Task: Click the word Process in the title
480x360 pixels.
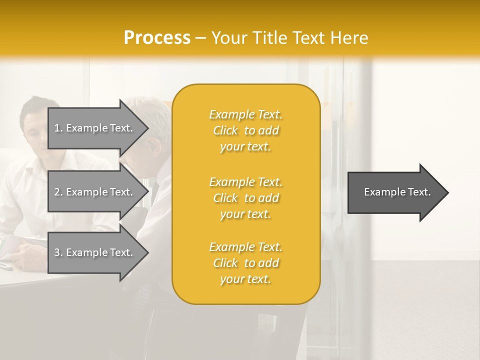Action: (x=157, y=38)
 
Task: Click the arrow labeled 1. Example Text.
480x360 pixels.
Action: (x=95, y=128)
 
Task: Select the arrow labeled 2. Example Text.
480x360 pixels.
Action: (x=95, y=192)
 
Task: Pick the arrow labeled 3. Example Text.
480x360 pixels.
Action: (x=95, y=252)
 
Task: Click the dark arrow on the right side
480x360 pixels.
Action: (x=395, y=192)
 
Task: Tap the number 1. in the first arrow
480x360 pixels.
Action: (x=58, y=128)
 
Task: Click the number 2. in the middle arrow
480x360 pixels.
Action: (x=58, y=192)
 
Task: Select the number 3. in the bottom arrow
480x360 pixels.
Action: (x=58, y=252)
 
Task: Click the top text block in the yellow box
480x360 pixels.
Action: (x=245, y=130)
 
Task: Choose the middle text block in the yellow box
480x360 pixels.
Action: (x=245, y=198)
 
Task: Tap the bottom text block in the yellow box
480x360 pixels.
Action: (x=245, y=263)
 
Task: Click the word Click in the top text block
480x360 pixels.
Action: (x=225, y=130)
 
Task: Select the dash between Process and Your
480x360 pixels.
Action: (x=200, y=38)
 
